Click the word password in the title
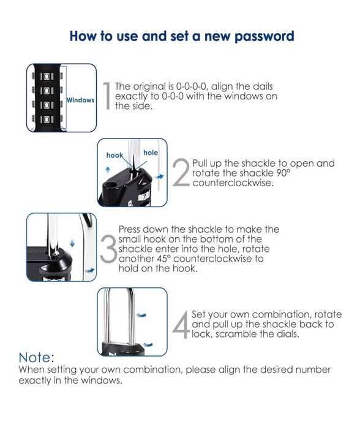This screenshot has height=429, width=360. click(264, 36)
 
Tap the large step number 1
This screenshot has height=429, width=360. click(107, 96)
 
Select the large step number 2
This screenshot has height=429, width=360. click(181, 173)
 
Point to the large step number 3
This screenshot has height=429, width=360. click(108, 248)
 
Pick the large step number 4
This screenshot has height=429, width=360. click(181, 324)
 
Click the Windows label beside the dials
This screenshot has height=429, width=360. click(80, 100)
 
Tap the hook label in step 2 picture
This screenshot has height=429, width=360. click(114, 156)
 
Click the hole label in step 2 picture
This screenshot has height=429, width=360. click(151, 153)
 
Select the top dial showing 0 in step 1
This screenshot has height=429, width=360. click(47, 76)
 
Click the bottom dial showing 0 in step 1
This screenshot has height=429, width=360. click(47, 120)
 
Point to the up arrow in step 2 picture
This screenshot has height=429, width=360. click(108, 170)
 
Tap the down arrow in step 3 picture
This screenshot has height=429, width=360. click(72, 243)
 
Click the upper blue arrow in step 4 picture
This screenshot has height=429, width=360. click(141, 315)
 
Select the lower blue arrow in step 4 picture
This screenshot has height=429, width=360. click(148, 344)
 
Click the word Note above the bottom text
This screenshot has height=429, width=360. click(36, 357)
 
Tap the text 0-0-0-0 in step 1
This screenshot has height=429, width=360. click(190, 86)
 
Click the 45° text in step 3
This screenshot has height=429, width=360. click(163, 259)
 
